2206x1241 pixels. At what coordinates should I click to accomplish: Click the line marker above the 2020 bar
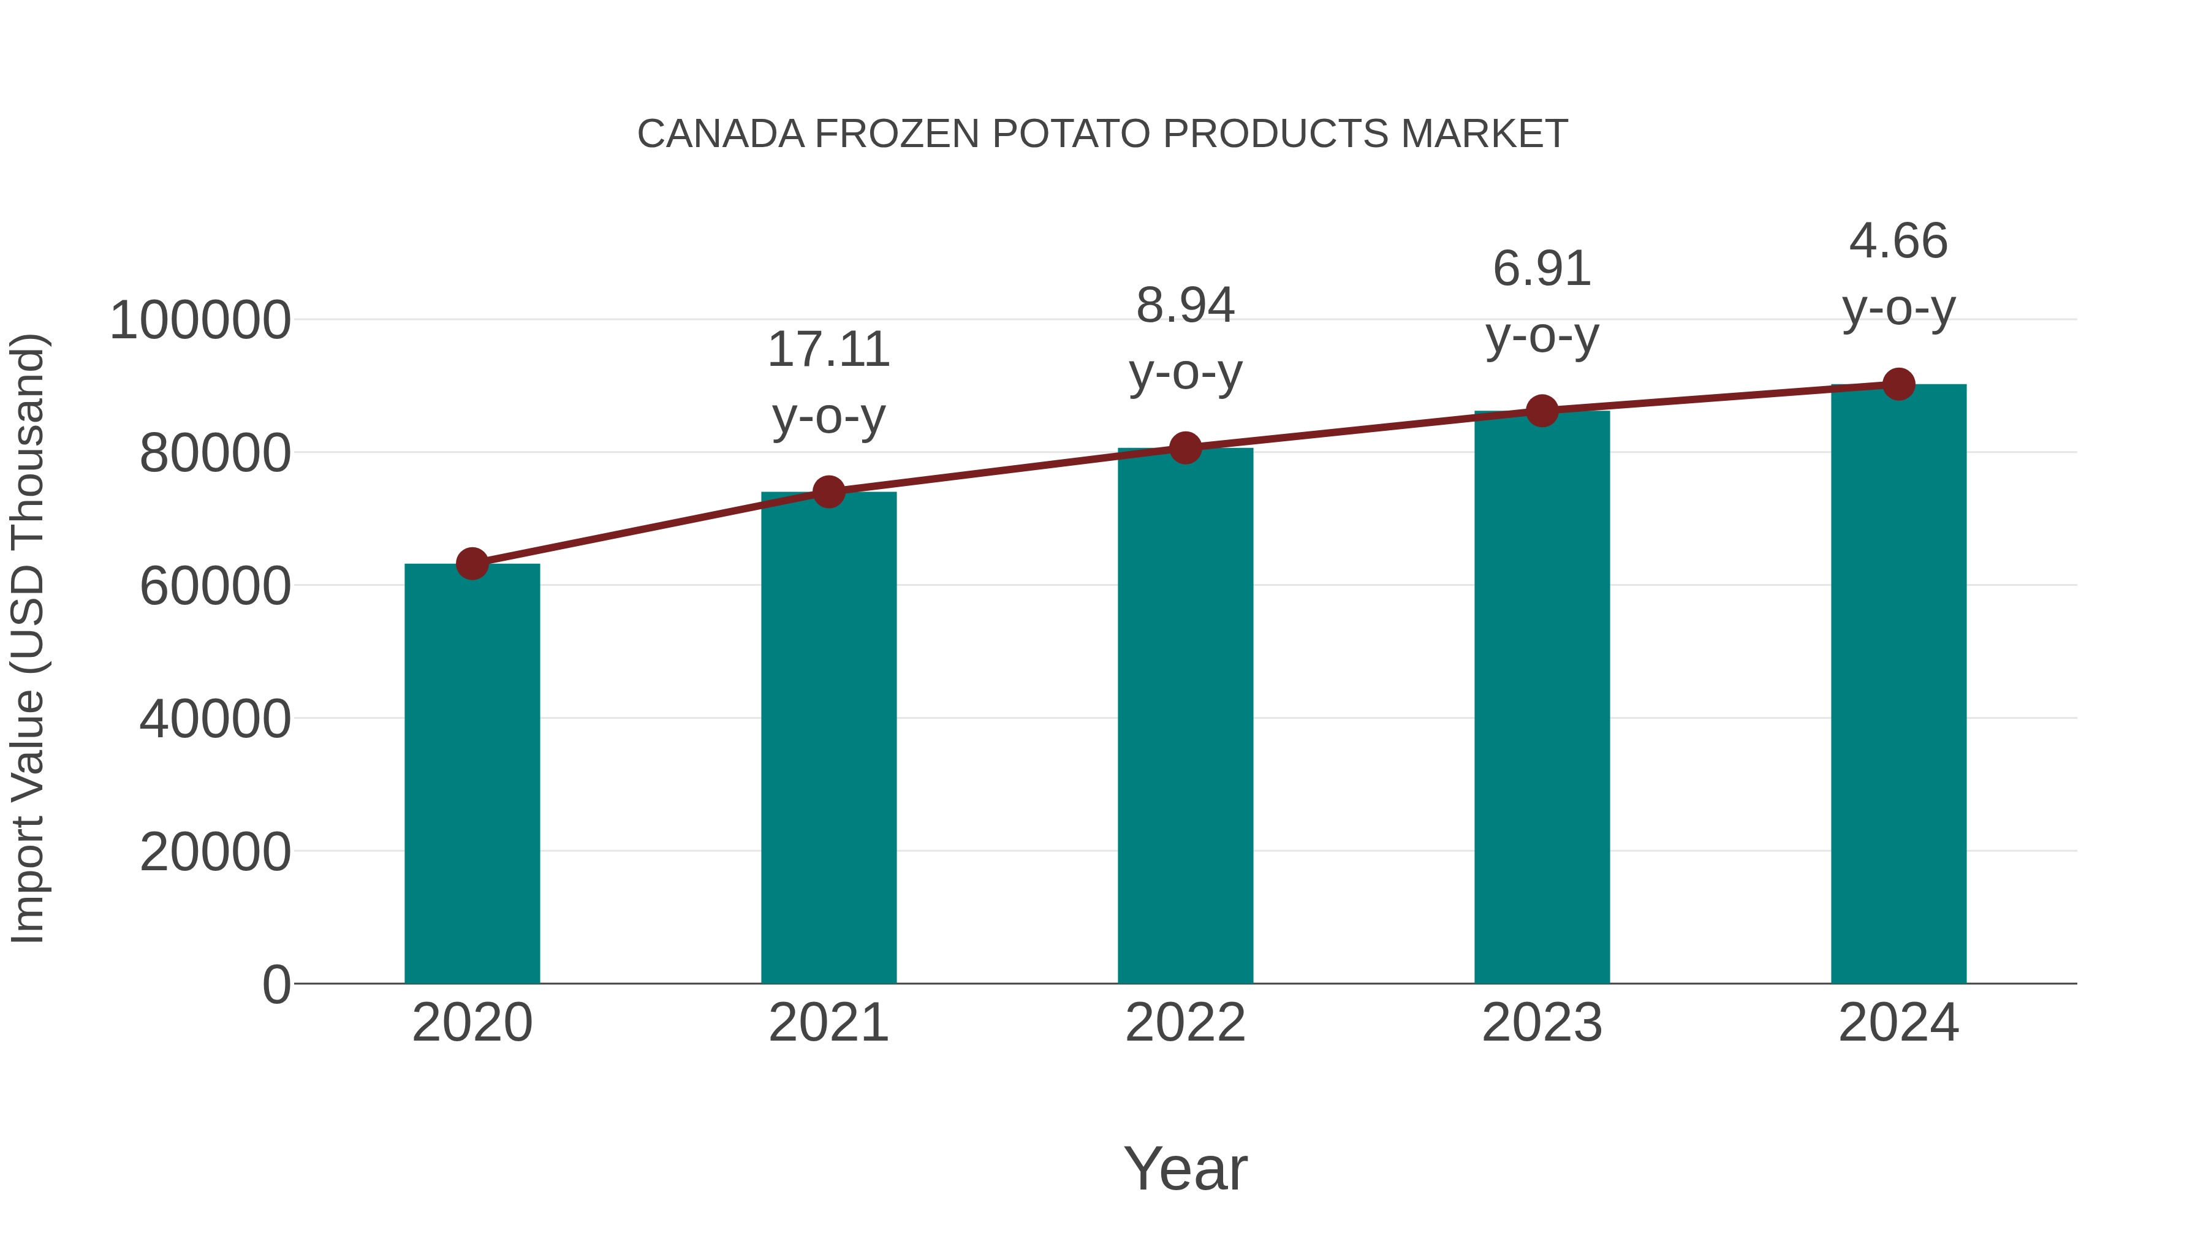472,564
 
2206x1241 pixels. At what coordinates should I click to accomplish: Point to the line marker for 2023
1542,411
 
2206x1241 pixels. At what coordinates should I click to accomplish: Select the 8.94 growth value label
1185,306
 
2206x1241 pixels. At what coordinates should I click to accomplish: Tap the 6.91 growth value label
1542,269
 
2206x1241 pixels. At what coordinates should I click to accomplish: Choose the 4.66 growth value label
1898,241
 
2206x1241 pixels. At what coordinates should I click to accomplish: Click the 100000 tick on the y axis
200,321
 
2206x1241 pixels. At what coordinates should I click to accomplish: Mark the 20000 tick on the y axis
215,852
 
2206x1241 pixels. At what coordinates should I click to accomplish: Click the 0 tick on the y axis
276,985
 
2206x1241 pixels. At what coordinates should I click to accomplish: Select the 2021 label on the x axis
828,1023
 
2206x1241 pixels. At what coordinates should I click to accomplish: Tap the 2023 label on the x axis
1542,1023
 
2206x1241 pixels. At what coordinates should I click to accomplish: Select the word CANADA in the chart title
721,134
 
